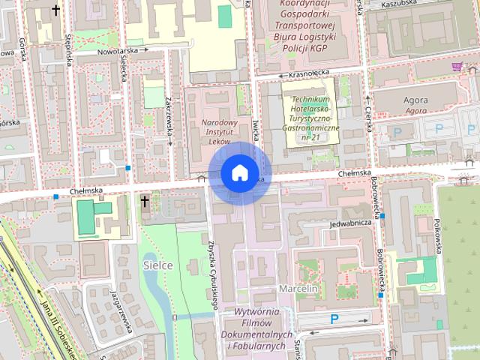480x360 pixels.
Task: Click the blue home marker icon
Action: (x=239, y=173)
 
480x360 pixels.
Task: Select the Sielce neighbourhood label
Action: (x=157, y=265)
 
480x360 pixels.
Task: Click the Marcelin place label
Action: (x=298, y=289)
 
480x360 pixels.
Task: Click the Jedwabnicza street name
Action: (x=350, y=223)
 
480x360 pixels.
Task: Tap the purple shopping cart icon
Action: (x=456, y=67)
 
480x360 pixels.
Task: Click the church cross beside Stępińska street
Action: (x=56, y=10)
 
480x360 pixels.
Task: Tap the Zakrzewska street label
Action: (x=170, y=118)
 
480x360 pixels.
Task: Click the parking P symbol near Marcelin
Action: (x=334, y=319)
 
